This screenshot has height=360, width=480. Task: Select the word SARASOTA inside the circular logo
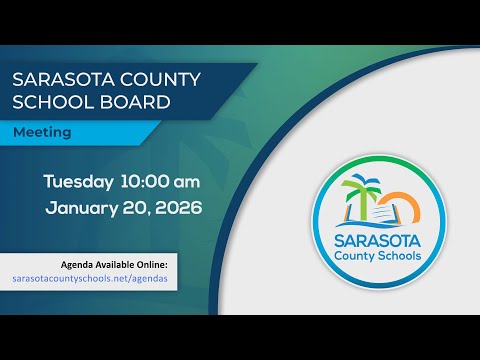pyautogui.click(x=378, y=241)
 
